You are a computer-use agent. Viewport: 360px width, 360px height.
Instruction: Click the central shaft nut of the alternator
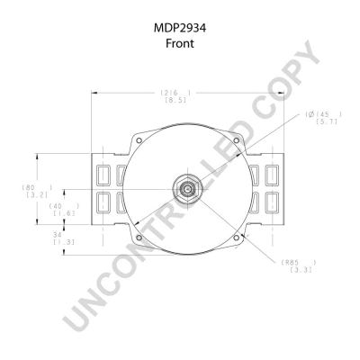click(185, 189)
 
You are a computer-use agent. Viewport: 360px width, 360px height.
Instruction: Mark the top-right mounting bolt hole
click(235, 139)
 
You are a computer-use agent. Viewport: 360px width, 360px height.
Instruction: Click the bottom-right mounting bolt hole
click(235, 238)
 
